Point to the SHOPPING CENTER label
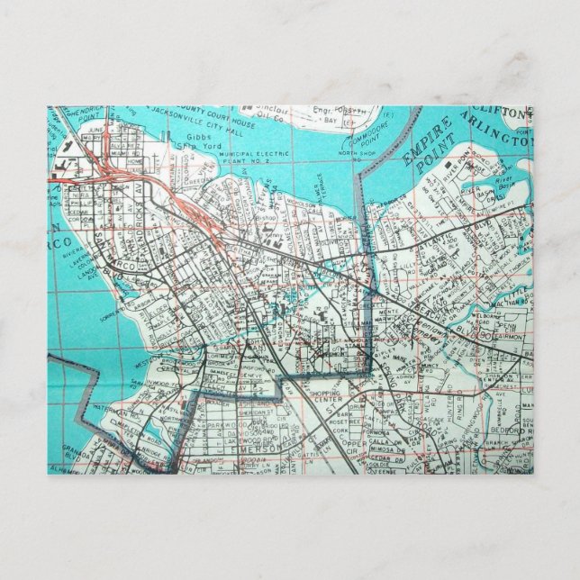[x=322, y=397]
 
